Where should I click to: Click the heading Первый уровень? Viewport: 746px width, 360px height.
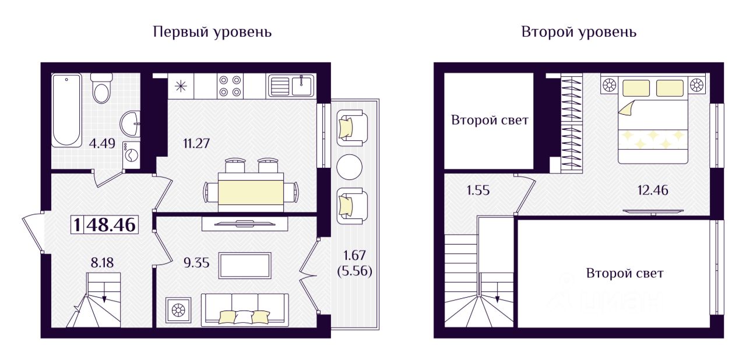[x=212, y=31]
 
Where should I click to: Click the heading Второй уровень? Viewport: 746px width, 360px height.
[x=578, y=31]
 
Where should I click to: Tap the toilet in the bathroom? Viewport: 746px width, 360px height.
[x=102, y=87]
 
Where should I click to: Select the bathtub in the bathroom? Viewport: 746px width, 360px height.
[x=66, y=110]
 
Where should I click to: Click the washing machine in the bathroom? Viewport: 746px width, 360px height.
[x=131, y=156]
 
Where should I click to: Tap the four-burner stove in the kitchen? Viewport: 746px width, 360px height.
[x=230, y=86]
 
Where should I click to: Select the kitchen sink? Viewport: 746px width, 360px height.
[x=291, y=86]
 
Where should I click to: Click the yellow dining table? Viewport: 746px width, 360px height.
[x=251, y=192]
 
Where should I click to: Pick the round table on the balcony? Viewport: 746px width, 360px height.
[x=350, y=168]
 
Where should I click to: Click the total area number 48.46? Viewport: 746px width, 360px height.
[x=111, y=224]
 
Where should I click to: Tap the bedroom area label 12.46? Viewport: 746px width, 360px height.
[x=653, y=190]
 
